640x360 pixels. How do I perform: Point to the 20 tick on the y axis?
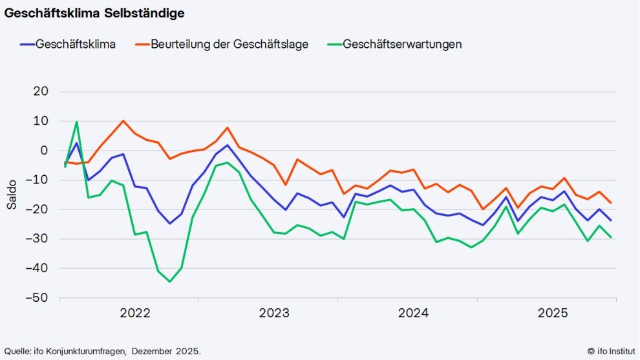[x=41, y=92]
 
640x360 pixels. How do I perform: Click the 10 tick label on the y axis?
[x=41, y=121]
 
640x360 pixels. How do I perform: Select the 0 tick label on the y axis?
[x=45, y=151]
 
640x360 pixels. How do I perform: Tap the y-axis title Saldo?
[x=12, y=195]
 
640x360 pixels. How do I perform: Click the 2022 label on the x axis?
[x=135, y=314]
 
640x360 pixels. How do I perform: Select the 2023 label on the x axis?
[x=274, y=314]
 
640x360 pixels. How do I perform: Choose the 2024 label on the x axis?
[x=414, y=314]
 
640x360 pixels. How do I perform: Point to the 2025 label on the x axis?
[x=553, y=314]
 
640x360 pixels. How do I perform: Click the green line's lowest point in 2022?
[x=169, y=282]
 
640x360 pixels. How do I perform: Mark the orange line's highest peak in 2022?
[x=123, y=121]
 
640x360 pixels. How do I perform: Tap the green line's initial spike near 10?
[x=77, y=122]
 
